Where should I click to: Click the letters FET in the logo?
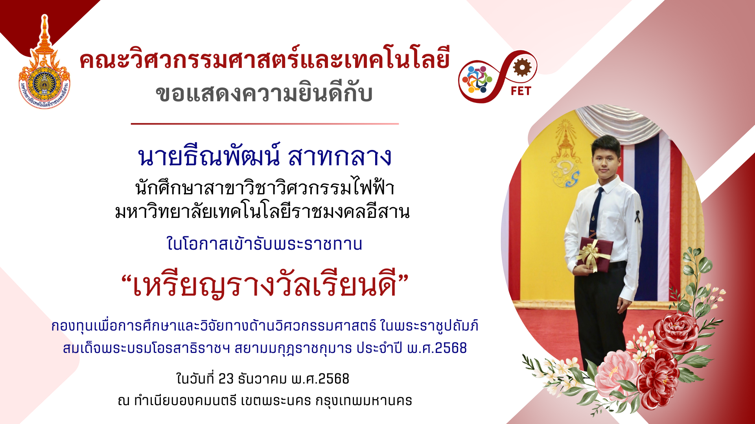521,91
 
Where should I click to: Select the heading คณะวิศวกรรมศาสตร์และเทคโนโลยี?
265,60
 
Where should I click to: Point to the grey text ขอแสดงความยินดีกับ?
264,93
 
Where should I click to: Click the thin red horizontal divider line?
265,124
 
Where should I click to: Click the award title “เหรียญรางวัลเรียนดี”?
265,285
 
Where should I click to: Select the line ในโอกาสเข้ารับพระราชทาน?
264,244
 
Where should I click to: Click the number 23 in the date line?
226,379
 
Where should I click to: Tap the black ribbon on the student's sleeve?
637,216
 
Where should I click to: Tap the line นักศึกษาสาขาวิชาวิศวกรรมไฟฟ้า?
265,188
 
